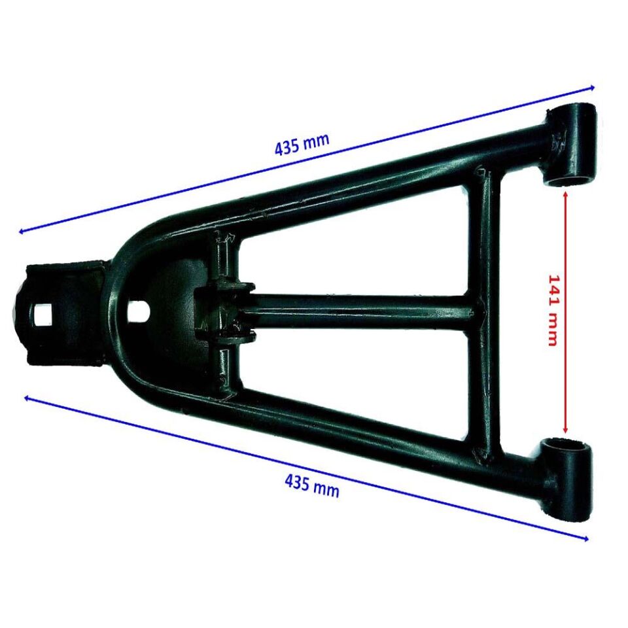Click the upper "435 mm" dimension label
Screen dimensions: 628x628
302,143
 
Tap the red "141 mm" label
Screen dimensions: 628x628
553,309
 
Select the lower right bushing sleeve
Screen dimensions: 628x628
565,479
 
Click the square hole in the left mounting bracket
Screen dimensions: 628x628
43,315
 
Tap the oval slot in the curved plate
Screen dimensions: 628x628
139,313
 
